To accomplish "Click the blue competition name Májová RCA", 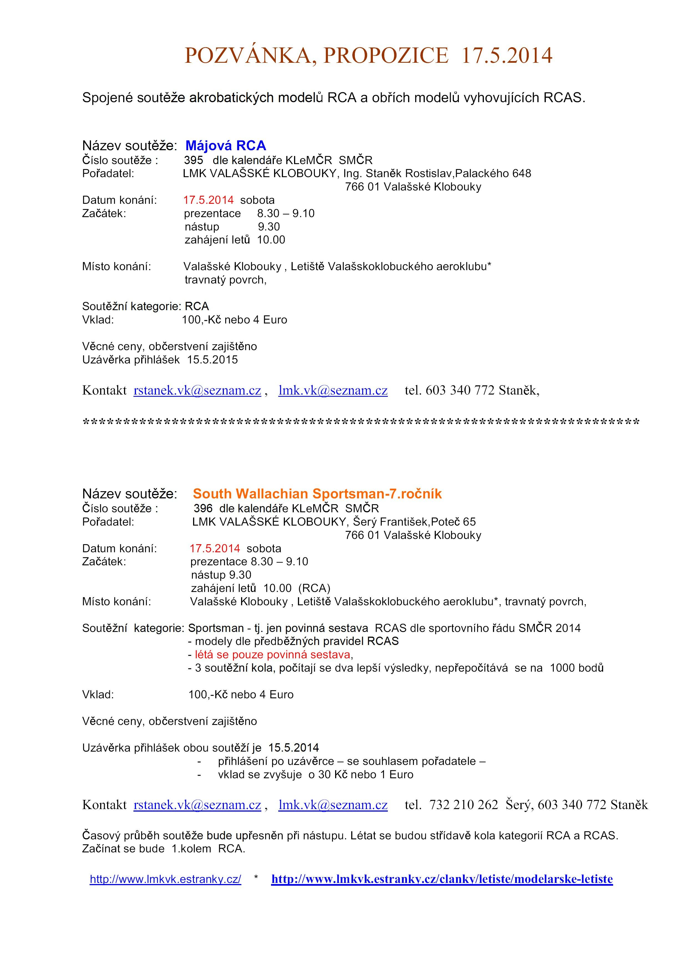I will coord(226,145).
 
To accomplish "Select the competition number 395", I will coord(193,160).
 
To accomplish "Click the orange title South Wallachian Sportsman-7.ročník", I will coord(317,493).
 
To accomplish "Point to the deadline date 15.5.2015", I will coord(213,360).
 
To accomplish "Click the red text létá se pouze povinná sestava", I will coord(273,655).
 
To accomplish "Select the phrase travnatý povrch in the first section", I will coord(225,280).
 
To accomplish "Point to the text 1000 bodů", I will coord(576,668).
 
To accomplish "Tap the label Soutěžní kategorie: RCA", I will coord(145,306).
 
